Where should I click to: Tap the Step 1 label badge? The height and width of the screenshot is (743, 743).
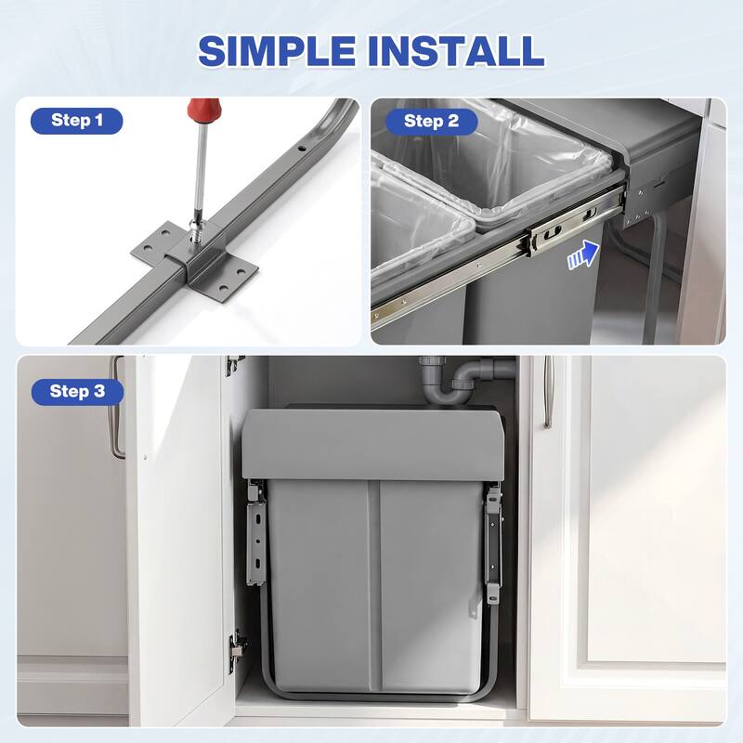click(77, 120)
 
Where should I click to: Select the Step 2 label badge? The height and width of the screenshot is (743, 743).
click(431, 120)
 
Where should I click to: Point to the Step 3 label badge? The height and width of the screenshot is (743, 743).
click(77, 391)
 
